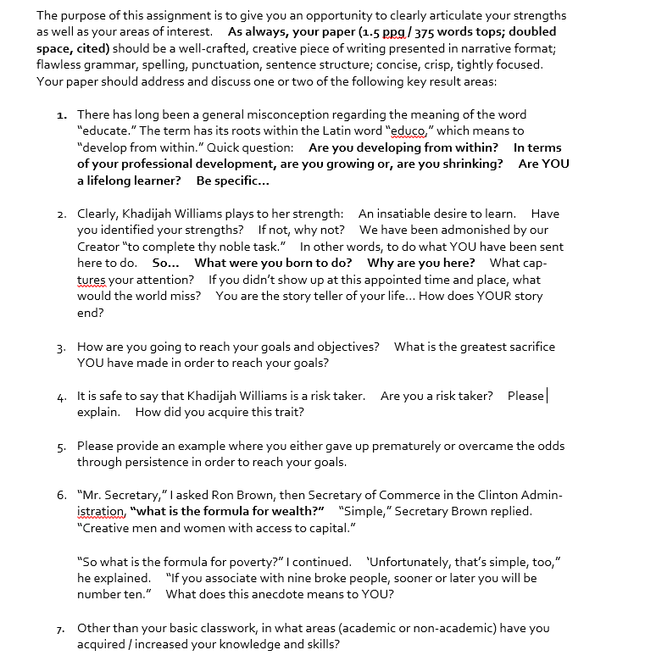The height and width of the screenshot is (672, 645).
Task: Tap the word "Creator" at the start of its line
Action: click(x=99, y=247)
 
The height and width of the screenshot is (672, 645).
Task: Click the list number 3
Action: click(x=62, y=347)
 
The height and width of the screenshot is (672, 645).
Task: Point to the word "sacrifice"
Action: click(x=526, y=346)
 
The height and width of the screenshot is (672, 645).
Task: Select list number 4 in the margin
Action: click(x=62, y=397)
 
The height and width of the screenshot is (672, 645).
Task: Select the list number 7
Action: click(x=62, y=629)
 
